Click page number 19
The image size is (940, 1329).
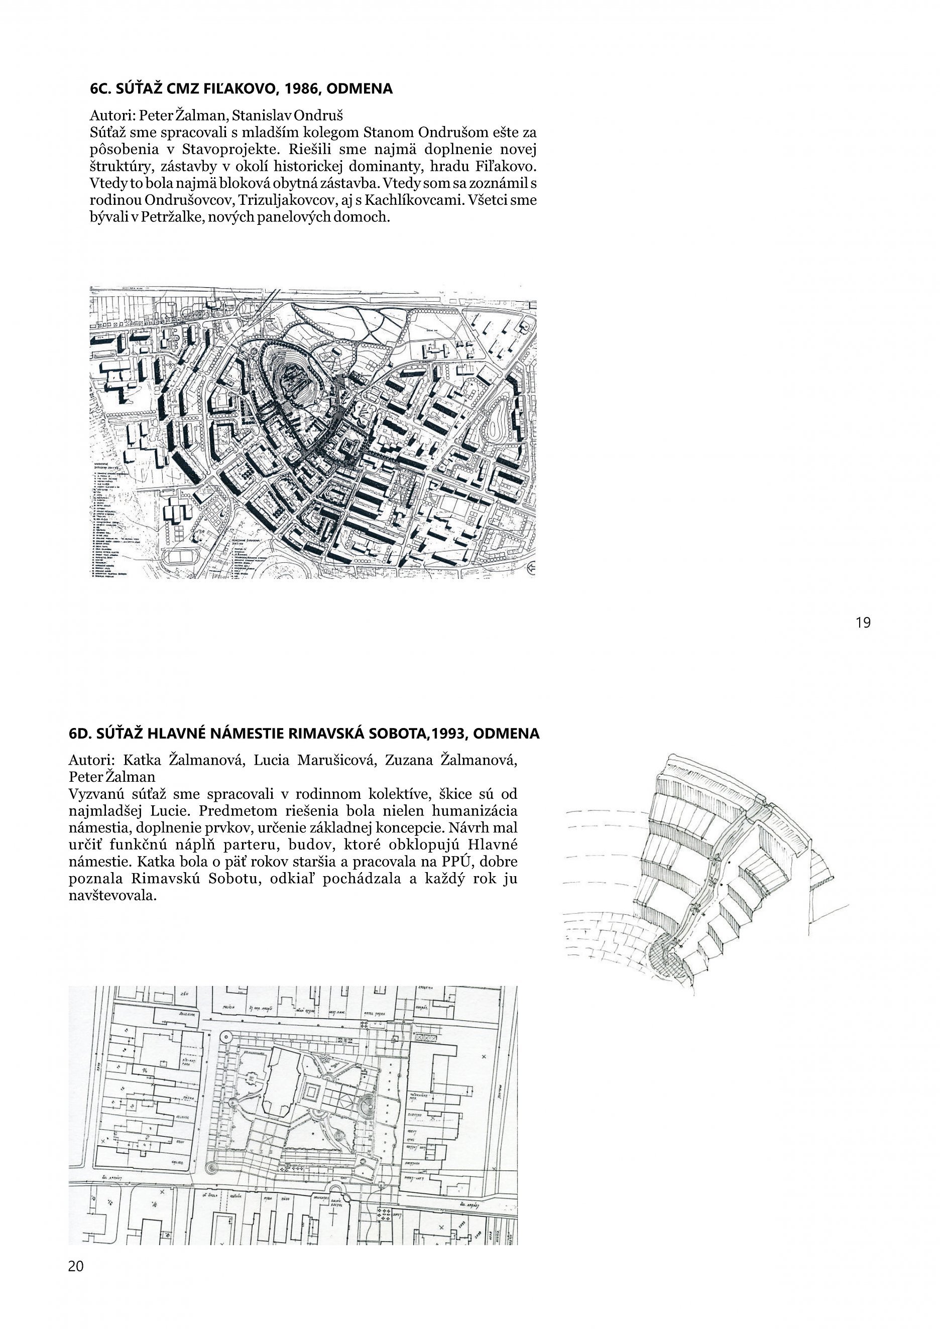click(x=863, y=623)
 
